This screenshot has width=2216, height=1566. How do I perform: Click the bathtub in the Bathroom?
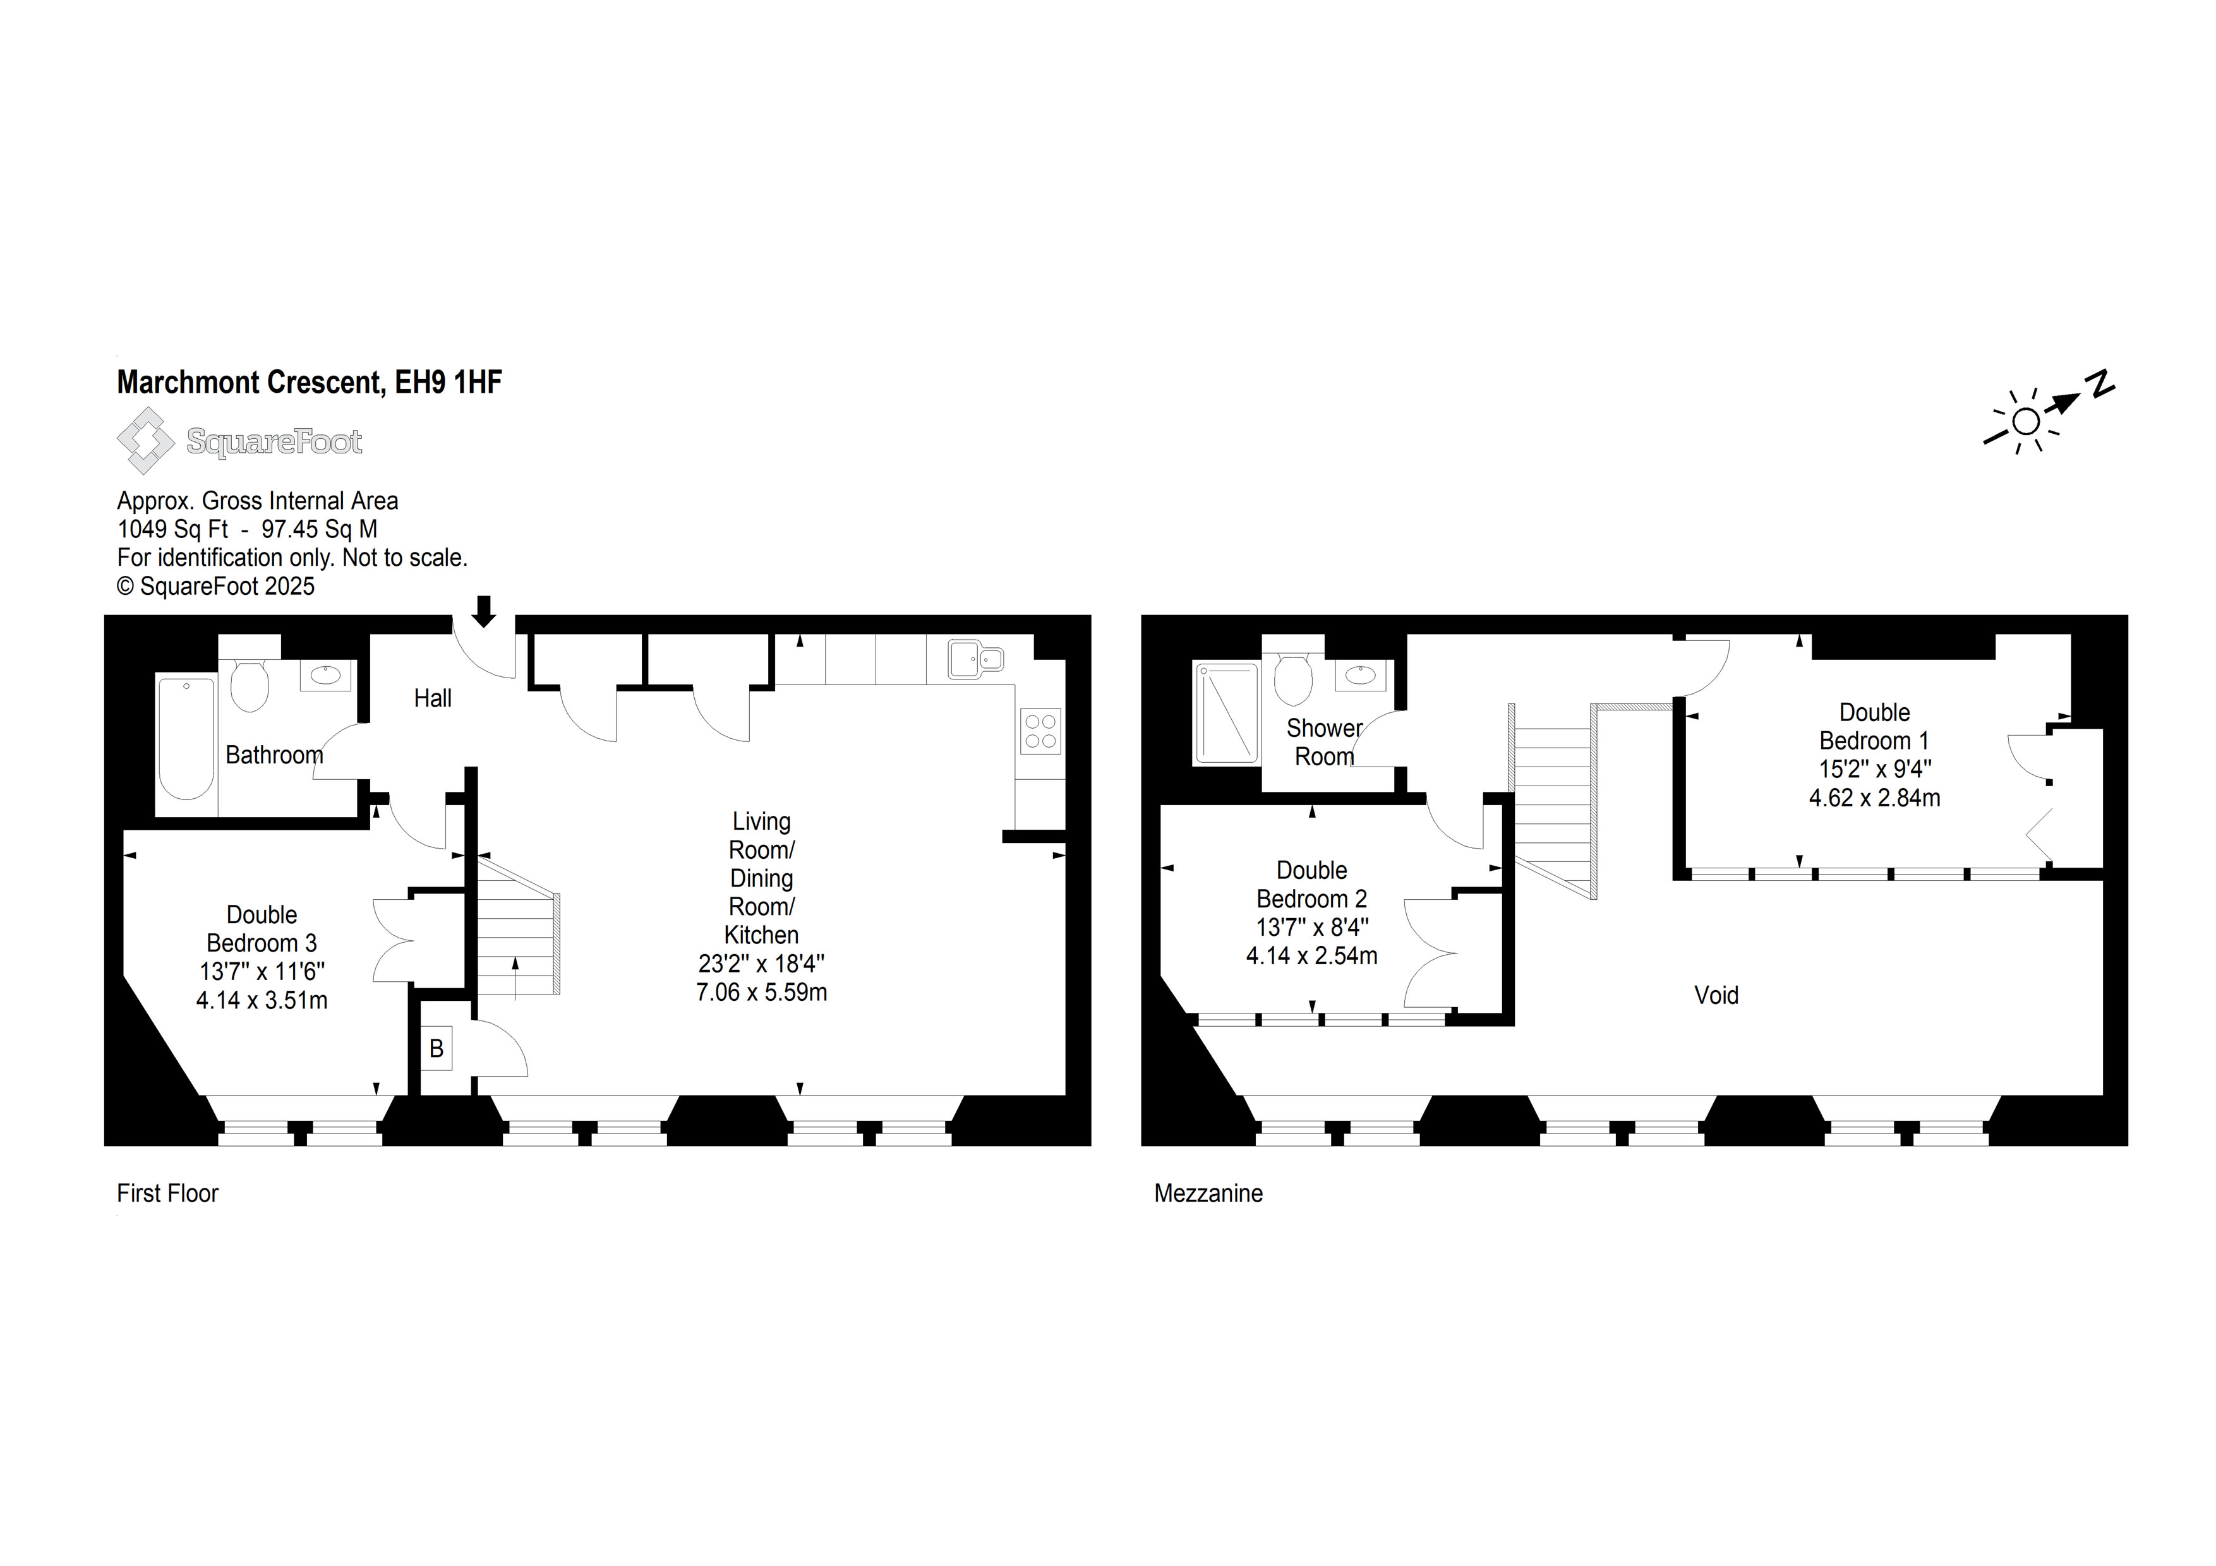click(x=186, y=739)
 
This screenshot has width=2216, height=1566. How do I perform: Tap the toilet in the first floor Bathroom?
click(x=250, y=682)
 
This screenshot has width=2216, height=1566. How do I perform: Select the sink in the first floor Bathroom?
click(x=326, y=676)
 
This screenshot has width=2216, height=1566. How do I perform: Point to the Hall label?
click(x=432, y=698)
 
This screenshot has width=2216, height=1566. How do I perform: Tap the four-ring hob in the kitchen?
click(x=1040, y=731)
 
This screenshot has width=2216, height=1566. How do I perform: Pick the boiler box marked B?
click(x=437, y=1048)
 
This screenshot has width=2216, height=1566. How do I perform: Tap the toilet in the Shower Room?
click(x=1293, y=679)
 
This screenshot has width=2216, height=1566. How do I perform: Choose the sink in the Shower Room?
click(x=1361, y=676)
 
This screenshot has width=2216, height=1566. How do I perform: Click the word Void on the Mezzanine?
click(x=1716, y=995)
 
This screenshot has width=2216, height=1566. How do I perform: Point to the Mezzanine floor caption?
click(x=1208, y=1193)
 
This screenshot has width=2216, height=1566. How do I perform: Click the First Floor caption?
click(x=168, y=1193)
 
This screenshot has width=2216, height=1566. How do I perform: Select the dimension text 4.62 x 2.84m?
click(x=1874, y=798)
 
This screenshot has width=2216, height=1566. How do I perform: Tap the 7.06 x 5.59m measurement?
click(x=761, y=992)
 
